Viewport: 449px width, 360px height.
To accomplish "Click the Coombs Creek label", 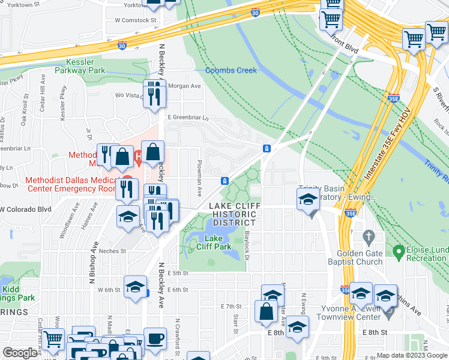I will pos(231,70).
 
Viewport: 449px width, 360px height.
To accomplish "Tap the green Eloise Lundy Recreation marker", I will pos(397,250).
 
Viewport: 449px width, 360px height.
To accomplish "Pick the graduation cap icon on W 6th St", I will pos(135,286).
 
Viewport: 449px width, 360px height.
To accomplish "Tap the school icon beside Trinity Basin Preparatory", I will pos(307,199).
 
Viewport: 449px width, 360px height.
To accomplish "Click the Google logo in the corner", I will pos(20,353).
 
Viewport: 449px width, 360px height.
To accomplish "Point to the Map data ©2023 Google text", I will pos(411,355).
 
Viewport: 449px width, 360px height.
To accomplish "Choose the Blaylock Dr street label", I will pos(247,247).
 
